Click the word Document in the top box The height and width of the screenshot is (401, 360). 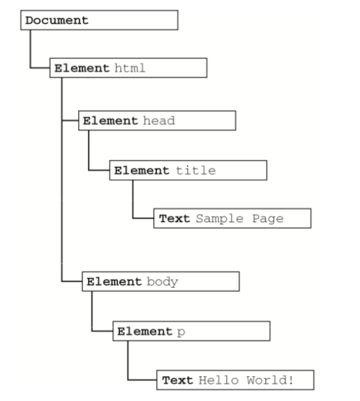pyautogui.click(x=57, y=21)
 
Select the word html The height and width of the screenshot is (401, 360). pyautogui.click(x=130, y=68)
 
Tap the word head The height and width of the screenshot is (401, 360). pyautogui.click(x=159, y=120)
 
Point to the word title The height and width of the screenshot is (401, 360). pyautogui.click(x=196, y=171)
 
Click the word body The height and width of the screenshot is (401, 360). pyautogui.click(x=162, y=282)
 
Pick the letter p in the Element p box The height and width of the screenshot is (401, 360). pyautogui.click(x=181, y=332)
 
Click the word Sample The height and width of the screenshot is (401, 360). pyautogui.click(x=220, y=219)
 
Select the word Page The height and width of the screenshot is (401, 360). pyautogui.click(x=268, y=219)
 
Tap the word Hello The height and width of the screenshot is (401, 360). pyautogui.click(x=218, y=380)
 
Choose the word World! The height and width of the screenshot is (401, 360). pyautogui.click(x=270, y=380)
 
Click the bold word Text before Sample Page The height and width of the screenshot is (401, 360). pyautogui.click(x=175, y=218)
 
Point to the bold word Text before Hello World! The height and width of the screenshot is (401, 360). pyautogui.click(x=177, y=380)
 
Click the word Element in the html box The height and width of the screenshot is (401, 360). pyautogui.click(x=82, y=68)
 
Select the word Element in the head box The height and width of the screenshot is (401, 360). pyautogui.click(x=111, y=120)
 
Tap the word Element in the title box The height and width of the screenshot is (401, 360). pyautogui.click(x=142, y=171)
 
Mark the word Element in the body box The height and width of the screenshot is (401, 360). pyautogui.click(x=114, y=282)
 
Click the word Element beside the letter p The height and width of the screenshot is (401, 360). pyautogui.click(x=145, y=332)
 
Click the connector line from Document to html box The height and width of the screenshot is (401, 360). pyautogui.click(x=30, y=59)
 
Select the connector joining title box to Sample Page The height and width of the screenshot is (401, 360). pyautogui.click(x=133, y=209)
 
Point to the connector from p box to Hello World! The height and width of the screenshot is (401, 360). pyautogui.click(x=128, y=370)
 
